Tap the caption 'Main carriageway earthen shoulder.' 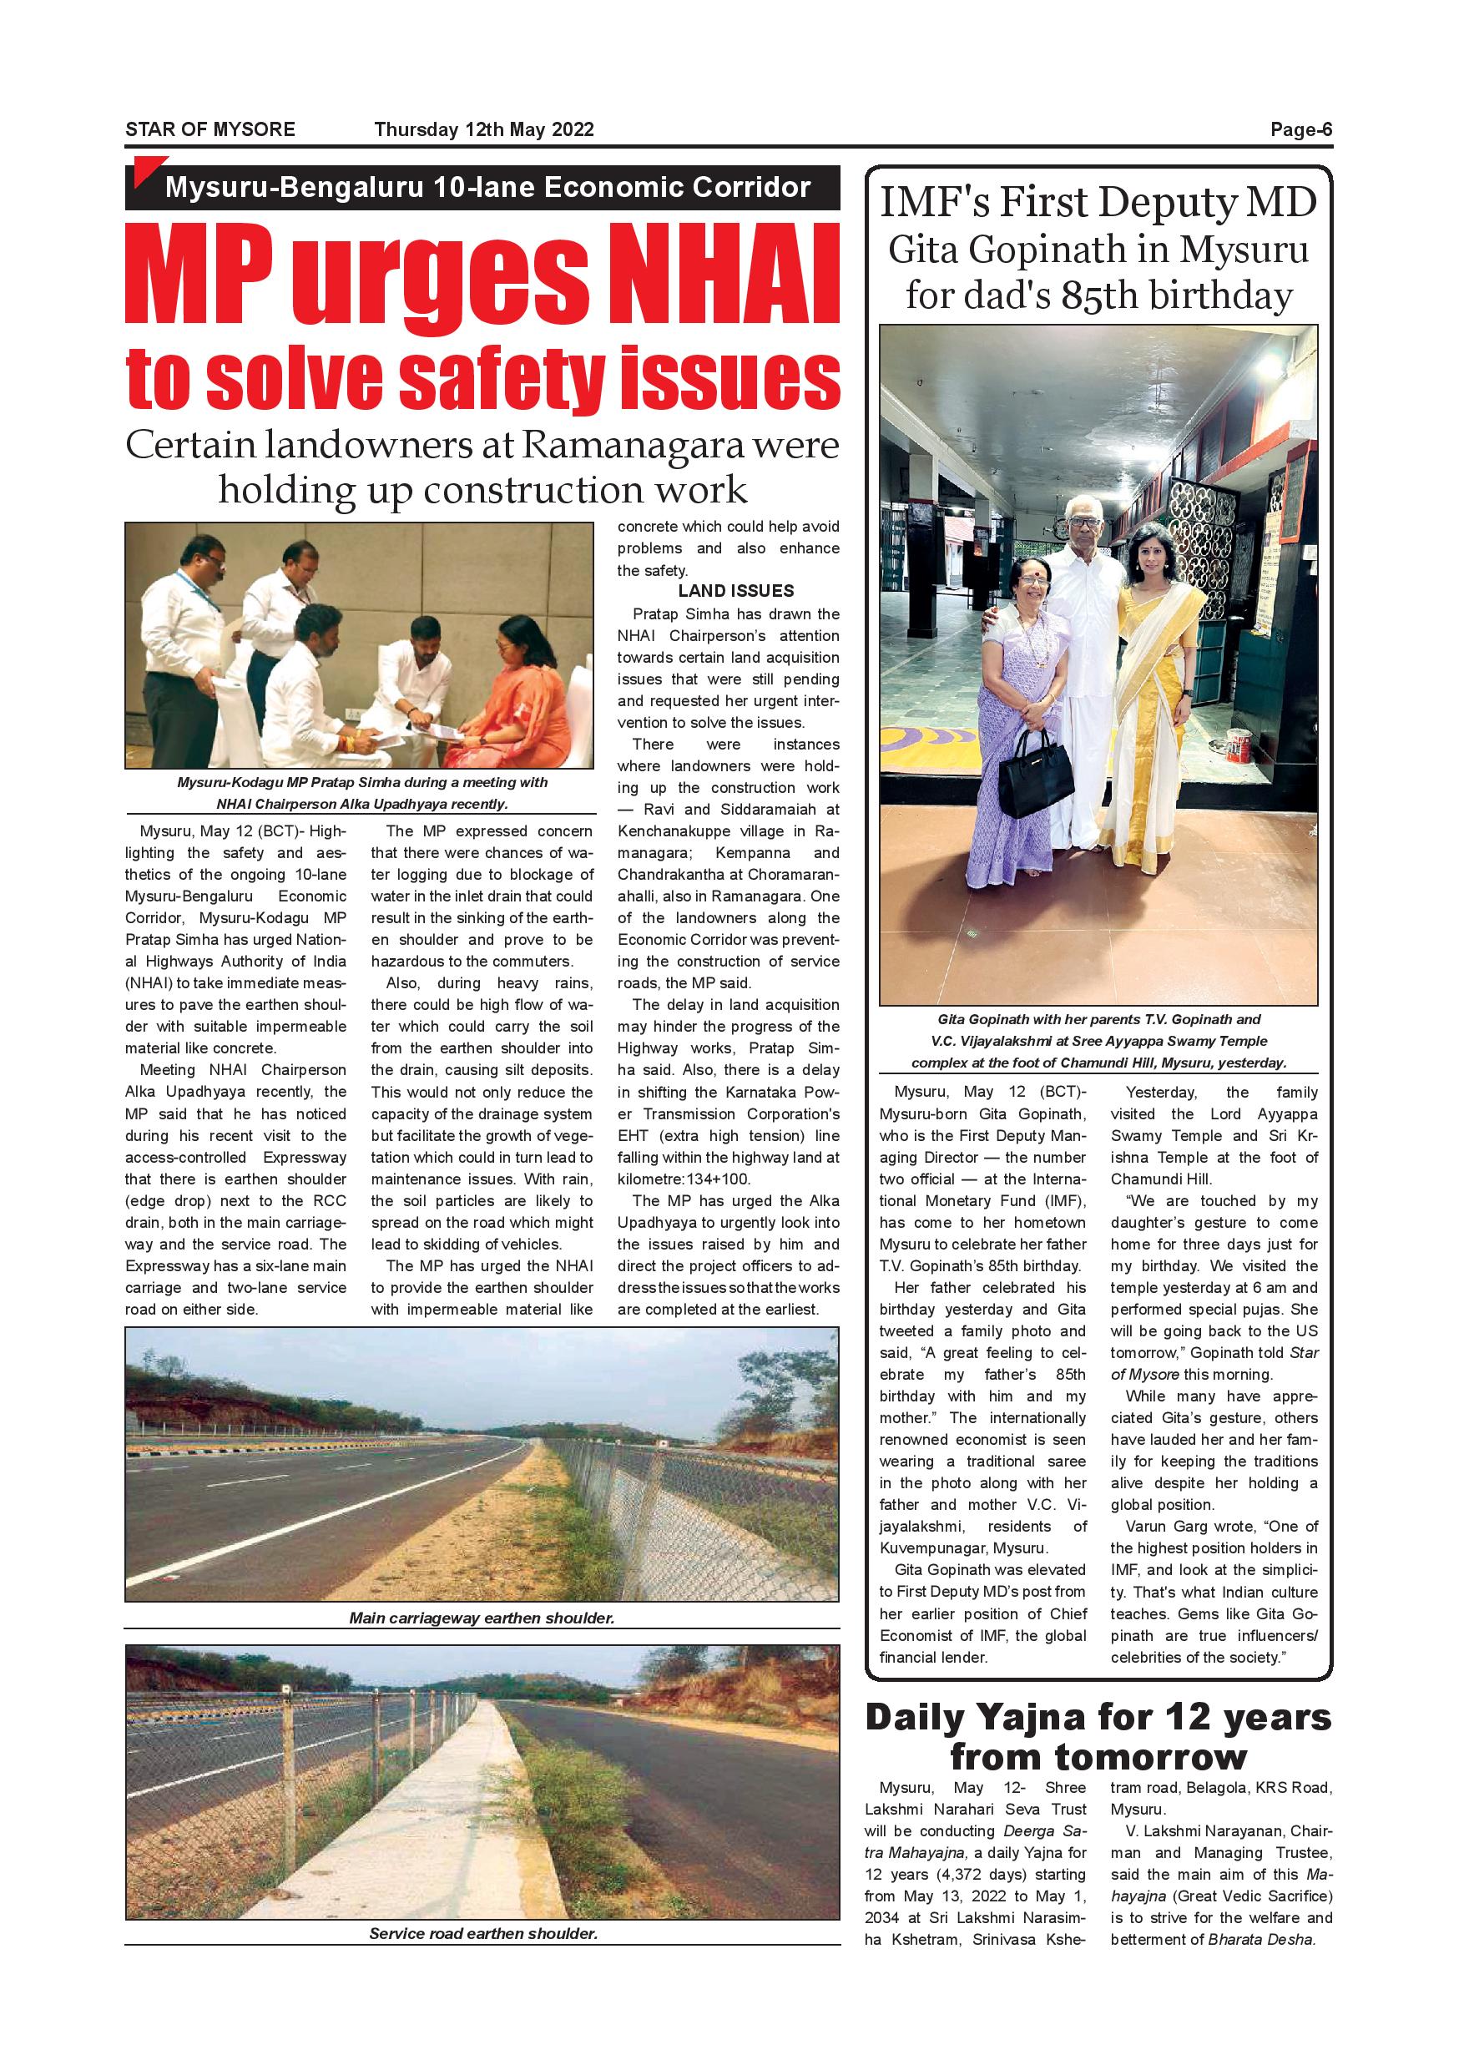coord(482,1618)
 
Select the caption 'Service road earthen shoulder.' coord(483,1933)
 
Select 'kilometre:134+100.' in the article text coord(684,1179)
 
